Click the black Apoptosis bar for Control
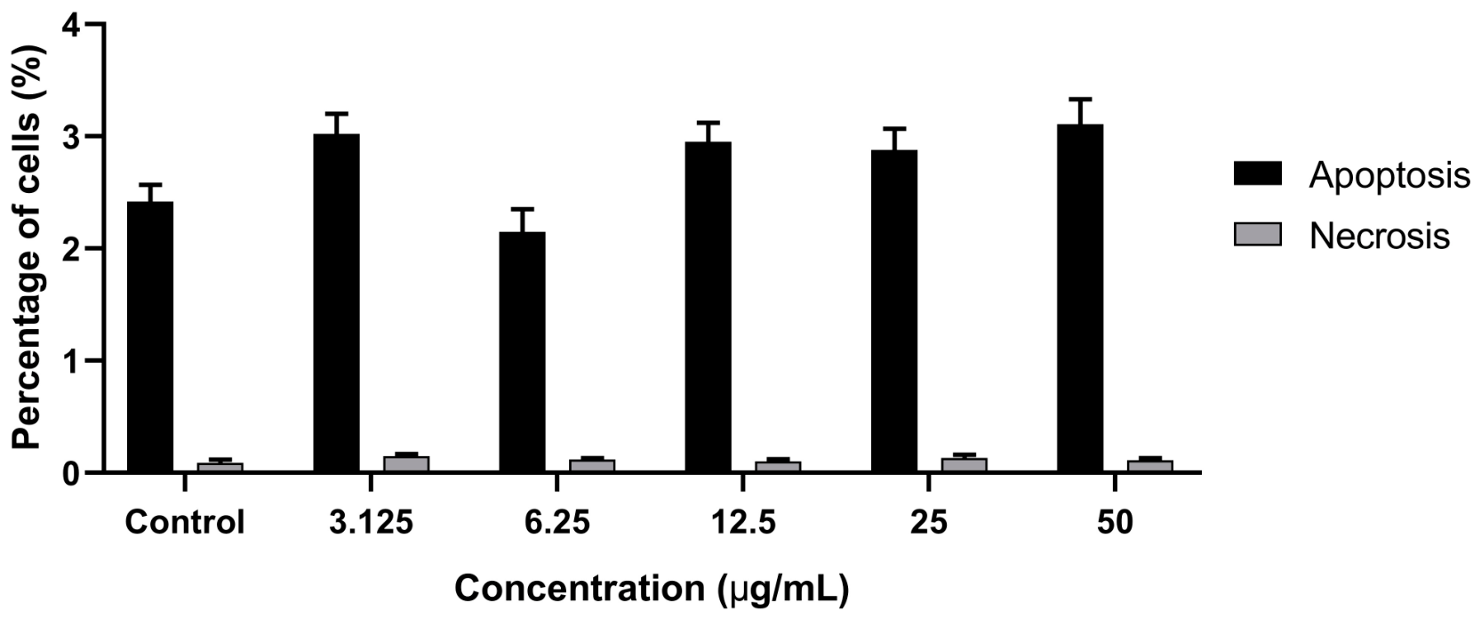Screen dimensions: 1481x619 pyautogui.click(x=150, y=336)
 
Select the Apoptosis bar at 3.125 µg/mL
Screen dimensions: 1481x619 pyautogui.click(x=337, y=303)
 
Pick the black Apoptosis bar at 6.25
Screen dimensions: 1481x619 pyautogui.click(x=523, y=352)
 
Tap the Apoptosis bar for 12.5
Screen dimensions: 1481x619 pyautogui.click(x=708, y=307)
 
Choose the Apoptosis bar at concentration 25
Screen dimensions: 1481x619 pyautogui.click(x=894, y=310)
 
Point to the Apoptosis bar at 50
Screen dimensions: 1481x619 pyautogui.click(x=1080, y=298)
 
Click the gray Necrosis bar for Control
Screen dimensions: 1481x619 pyautogui.click(x=220, y=467)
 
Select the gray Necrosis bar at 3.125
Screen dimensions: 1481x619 pyautogui.click(x=406, y=463)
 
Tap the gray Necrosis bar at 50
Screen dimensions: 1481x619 pyautogui.click(x=1149, y=465)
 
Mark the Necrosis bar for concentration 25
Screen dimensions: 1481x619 pyautogui.click(x=964, y=464)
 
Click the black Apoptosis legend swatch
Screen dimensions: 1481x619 pyautogui.click(x=1258, y=173)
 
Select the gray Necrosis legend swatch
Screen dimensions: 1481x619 pyautogui.click(x=1258, y=234)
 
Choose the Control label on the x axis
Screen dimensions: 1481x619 pyautogui.click(x=185, y=522)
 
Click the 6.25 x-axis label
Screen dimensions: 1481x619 pyautogui.click(x=556, y=522)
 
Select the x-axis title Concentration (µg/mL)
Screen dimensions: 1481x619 pyautogui.click(x=652, y=589)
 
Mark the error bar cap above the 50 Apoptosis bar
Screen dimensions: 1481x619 pyautogui.click(x=1080, y=99)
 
